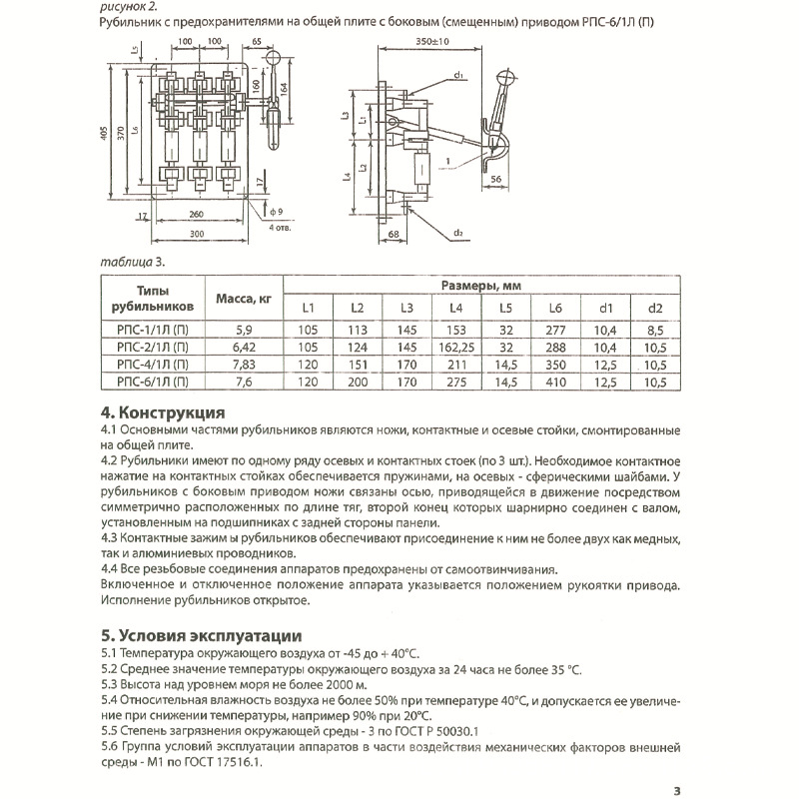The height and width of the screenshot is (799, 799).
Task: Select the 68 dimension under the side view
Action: coord(393,234)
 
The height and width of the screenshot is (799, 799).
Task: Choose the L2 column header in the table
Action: coord(357,307)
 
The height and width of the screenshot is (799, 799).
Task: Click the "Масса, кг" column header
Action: coord(237,297)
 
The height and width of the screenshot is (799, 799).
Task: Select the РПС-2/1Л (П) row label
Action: coord(150,345)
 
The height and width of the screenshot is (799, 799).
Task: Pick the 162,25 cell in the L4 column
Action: coord(455,345)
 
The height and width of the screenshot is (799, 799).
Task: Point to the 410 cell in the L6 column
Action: coord(555,381)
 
